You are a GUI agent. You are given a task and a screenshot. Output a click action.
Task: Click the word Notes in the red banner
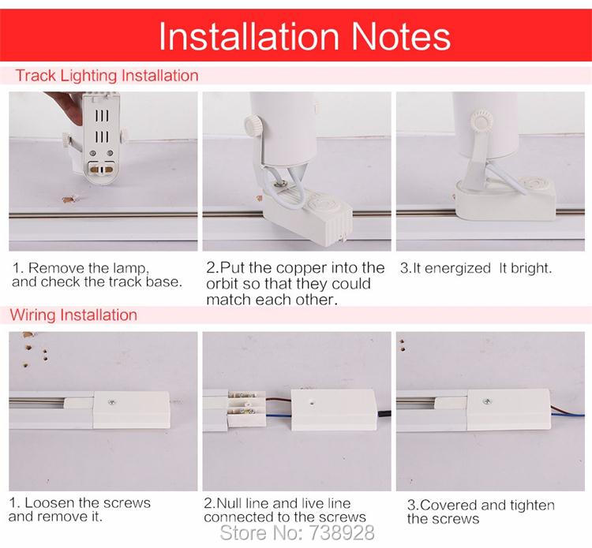point(401,36)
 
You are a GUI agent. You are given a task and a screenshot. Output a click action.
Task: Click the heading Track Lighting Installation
point(107,76)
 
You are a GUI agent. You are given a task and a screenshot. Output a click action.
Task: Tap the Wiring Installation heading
point(73,315)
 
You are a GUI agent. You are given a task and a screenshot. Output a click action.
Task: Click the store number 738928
point(342,533)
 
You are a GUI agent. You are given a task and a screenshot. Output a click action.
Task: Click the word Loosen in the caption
point(50,503)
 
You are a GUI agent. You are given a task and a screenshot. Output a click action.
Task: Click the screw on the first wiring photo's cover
point(112,402)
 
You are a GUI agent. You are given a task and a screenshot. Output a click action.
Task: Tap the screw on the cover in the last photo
point(488,401)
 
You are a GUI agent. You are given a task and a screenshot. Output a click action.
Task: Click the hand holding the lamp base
point(66,106)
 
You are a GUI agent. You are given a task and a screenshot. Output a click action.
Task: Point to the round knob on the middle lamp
point(253,125)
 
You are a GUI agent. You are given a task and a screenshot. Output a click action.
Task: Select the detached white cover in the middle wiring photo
point(334,410)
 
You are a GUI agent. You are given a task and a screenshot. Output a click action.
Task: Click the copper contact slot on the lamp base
point(101,170)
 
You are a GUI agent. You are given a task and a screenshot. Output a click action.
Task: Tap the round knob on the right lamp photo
point(481,121)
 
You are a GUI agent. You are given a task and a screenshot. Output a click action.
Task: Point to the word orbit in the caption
point(223,284)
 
